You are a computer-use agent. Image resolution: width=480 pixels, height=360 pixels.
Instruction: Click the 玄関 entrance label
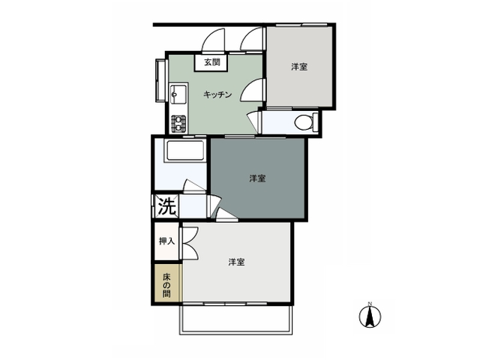tap(211, 62)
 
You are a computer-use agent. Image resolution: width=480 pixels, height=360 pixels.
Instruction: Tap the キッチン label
tap(217, 94)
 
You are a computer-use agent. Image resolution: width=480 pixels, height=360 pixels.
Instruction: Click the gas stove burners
tap(178, 123)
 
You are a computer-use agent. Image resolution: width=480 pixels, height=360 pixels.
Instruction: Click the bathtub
tap(185, 150)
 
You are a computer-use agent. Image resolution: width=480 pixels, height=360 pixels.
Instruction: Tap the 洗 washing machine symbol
tap(166, 206)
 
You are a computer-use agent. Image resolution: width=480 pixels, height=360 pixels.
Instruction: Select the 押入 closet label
tap(166, 241)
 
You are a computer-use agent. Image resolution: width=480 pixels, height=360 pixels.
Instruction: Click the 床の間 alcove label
tap(166, 286)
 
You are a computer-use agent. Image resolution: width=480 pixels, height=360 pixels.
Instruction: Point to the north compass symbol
tap(370, 316)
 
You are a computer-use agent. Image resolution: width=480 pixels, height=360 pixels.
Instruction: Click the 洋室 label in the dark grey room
tap(257, 178)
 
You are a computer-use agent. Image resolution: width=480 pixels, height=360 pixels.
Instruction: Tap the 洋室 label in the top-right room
tap(299, 67)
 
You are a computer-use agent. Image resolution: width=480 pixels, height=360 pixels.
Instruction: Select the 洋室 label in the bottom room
tap(237, 262)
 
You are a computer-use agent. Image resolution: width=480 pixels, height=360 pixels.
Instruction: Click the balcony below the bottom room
tap(236, 319)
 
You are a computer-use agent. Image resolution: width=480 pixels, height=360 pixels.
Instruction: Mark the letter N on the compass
tap(370, 304)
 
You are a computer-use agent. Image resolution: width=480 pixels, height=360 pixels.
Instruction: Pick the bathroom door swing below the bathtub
tap(194, 186)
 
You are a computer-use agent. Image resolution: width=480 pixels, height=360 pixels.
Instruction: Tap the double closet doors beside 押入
tap(190, 243)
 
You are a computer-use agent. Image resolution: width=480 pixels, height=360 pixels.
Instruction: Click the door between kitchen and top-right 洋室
tap(253, 90)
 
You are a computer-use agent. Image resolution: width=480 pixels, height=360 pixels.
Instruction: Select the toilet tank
tap(316, 122)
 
